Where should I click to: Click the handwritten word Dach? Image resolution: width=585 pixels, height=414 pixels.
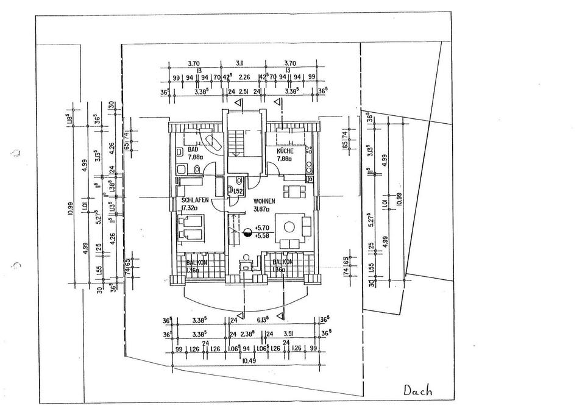pyautogui.click(x=419, y=391)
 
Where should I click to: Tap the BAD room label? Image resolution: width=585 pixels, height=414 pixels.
pyautogui.click(x=194, y=149)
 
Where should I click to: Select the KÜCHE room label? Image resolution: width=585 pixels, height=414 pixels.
pyautogui.click(x=285, y=151)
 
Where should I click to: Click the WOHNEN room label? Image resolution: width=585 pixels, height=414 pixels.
pyautogui.click(x=264, y=201)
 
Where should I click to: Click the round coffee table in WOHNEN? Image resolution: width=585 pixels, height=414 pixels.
pyautogui.click(x=288, y=227)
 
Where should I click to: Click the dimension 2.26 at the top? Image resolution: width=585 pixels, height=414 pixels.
pyautogui.click(x=244, y=77)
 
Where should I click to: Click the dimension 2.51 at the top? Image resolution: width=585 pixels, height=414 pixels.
pyautogui.click(x=243, y=92)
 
